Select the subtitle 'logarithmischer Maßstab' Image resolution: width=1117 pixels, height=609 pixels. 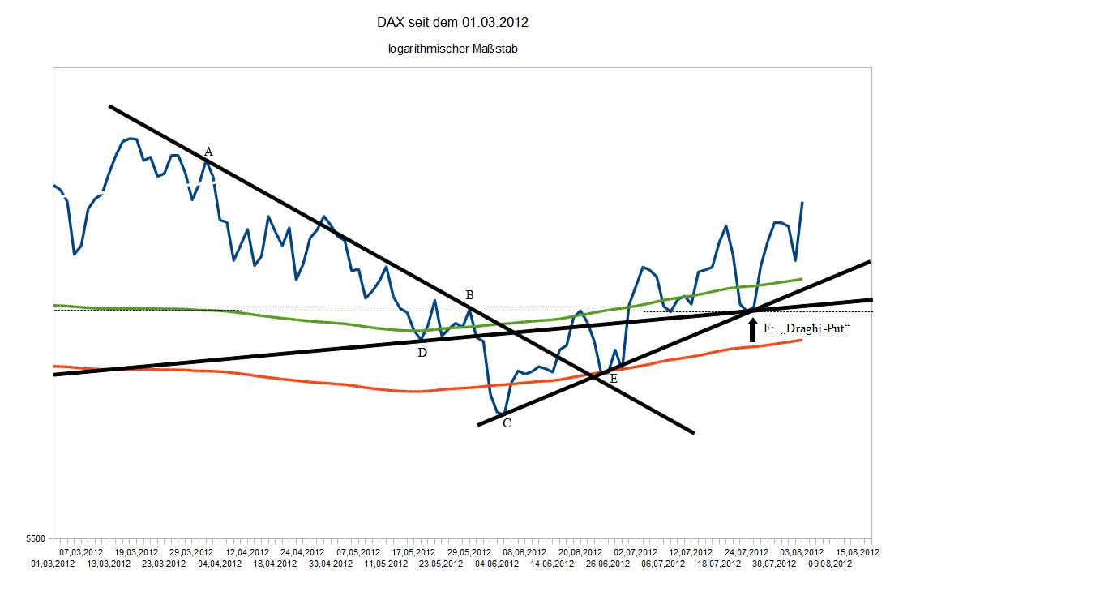pos(452,49)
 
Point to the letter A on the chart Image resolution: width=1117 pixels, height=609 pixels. pos(208,152)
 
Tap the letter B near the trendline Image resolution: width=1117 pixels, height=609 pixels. pos(469,294)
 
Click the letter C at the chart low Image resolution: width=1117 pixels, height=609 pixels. pos(507,423)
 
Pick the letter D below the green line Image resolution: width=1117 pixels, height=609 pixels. pos(422,352)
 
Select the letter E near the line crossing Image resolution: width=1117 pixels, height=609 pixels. pos(614,379)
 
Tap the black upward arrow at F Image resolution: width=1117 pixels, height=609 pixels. pos(752,329)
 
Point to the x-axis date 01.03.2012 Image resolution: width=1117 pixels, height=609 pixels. pos(53,564)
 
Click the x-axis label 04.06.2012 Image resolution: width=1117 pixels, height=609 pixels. pos(497,564)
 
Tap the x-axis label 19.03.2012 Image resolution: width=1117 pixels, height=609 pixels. pos(136,552)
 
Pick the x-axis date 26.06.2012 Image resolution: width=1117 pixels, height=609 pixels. pos(608,564)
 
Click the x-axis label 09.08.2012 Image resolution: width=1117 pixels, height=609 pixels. pos(830,564)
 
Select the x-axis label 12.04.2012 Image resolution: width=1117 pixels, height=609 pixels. pos(247,552)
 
